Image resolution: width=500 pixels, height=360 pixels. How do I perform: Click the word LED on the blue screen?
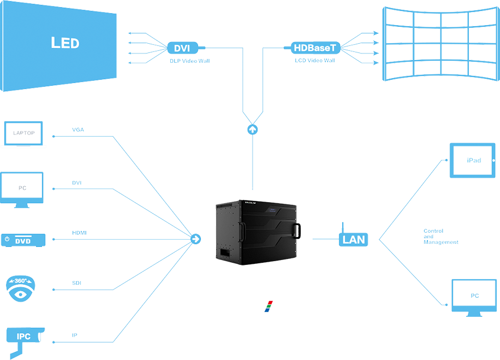pos(65,43)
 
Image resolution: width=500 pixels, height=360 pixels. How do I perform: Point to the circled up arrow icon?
pos(252,129)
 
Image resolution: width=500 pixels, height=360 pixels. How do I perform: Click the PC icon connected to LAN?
pos(474,296)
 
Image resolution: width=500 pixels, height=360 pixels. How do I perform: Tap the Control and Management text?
pos(440,237)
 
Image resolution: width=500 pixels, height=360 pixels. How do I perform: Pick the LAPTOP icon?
pos(23,133)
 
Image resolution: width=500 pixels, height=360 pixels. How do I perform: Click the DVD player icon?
pos(23,240)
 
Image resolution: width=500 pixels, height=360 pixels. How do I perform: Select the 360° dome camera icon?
pos(21,288)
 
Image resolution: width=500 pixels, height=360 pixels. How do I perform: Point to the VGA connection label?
pos(78,130)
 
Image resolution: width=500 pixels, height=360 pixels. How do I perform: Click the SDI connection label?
pos(76,283)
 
